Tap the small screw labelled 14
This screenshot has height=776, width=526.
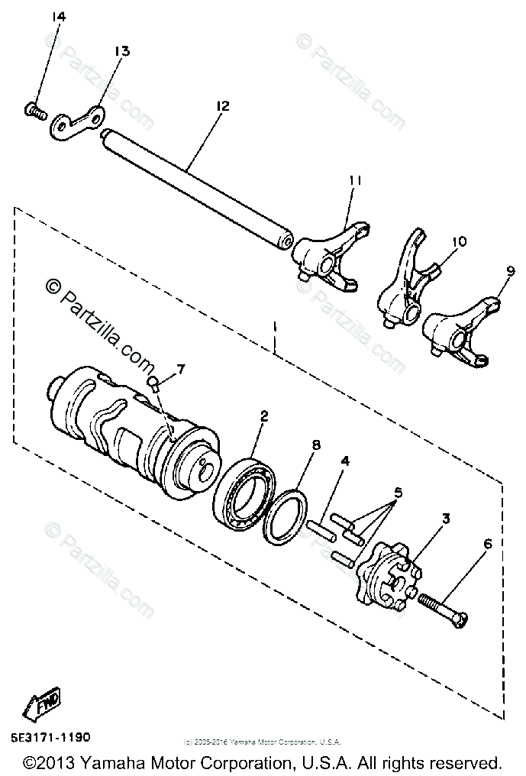tap(31, 112)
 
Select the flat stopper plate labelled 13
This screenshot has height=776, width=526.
tap(79, 121)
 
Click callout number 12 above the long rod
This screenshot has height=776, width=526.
tap(222, 107)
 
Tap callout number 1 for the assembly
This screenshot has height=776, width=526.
tap(274, 334)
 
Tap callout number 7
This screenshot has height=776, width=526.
tap(180, 370)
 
